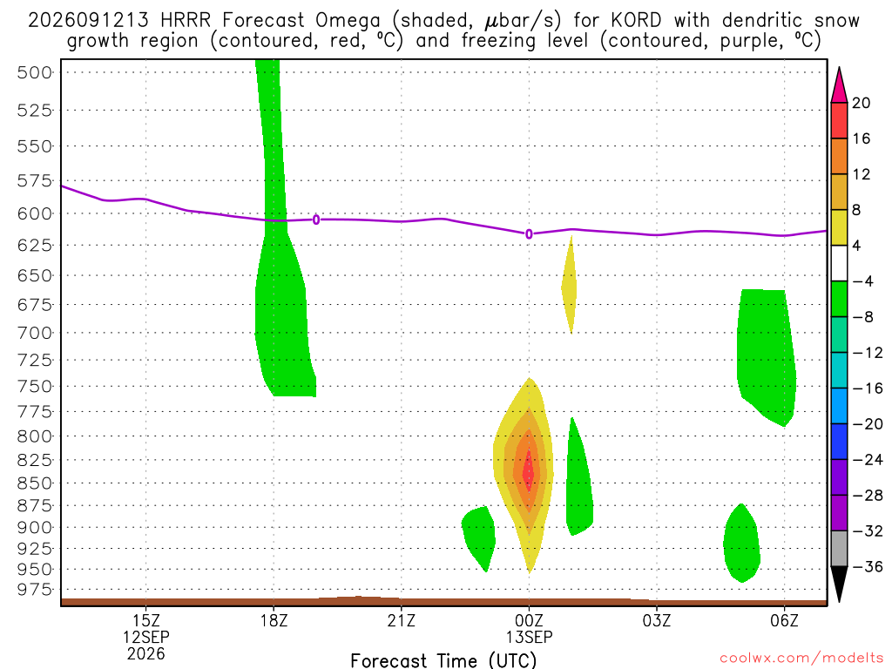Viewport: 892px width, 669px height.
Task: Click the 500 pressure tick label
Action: (35, 73)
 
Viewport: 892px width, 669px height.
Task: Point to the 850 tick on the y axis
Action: (35, 483)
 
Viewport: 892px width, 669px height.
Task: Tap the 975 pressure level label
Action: (35, 590)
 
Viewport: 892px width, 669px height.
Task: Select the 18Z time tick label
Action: (274, 620)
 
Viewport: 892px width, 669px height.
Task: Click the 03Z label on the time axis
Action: (657, 620)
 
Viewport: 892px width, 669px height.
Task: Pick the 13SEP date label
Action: (529, 637)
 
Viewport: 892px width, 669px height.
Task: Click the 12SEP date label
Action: (146, 637)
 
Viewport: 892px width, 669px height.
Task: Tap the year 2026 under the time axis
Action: (146, 654)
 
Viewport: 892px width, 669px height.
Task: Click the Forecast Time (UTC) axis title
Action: (443, 660)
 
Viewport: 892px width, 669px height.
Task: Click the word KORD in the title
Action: (636, 21)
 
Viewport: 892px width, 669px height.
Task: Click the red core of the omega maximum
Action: (529, 471)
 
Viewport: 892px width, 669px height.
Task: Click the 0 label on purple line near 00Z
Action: (529, 233)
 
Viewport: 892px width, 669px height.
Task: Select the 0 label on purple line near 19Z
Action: (316, 220)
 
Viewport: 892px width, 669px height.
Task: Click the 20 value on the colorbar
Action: (862, 103)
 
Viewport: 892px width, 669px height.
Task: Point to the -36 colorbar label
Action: (868, 566)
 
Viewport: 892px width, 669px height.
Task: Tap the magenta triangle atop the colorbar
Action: (839, 85)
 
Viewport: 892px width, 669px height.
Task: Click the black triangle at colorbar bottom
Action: (839, 584)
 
